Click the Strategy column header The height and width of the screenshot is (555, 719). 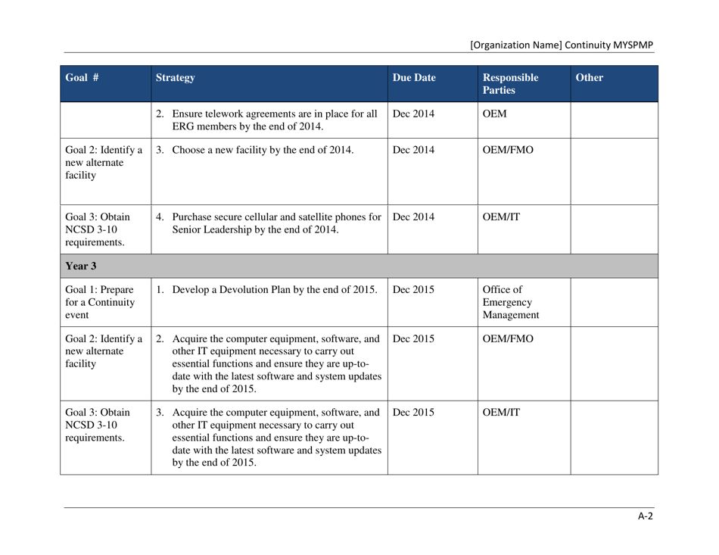176,77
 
